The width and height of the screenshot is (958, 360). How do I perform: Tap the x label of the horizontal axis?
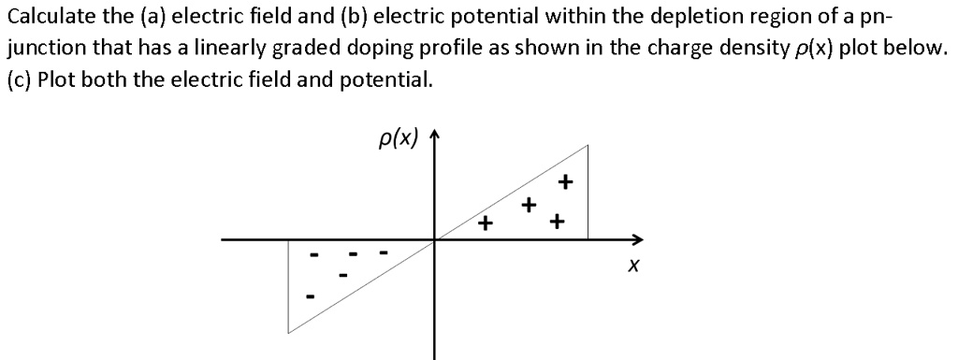633,268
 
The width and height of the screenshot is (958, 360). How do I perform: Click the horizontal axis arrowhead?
639,238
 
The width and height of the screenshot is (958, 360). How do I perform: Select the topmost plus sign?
564,180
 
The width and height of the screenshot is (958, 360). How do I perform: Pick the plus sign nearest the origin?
484,223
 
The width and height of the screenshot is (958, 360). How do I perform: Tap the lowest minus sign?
312,297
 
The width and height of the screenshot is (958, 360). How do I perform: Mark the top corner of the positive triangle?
588,146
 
